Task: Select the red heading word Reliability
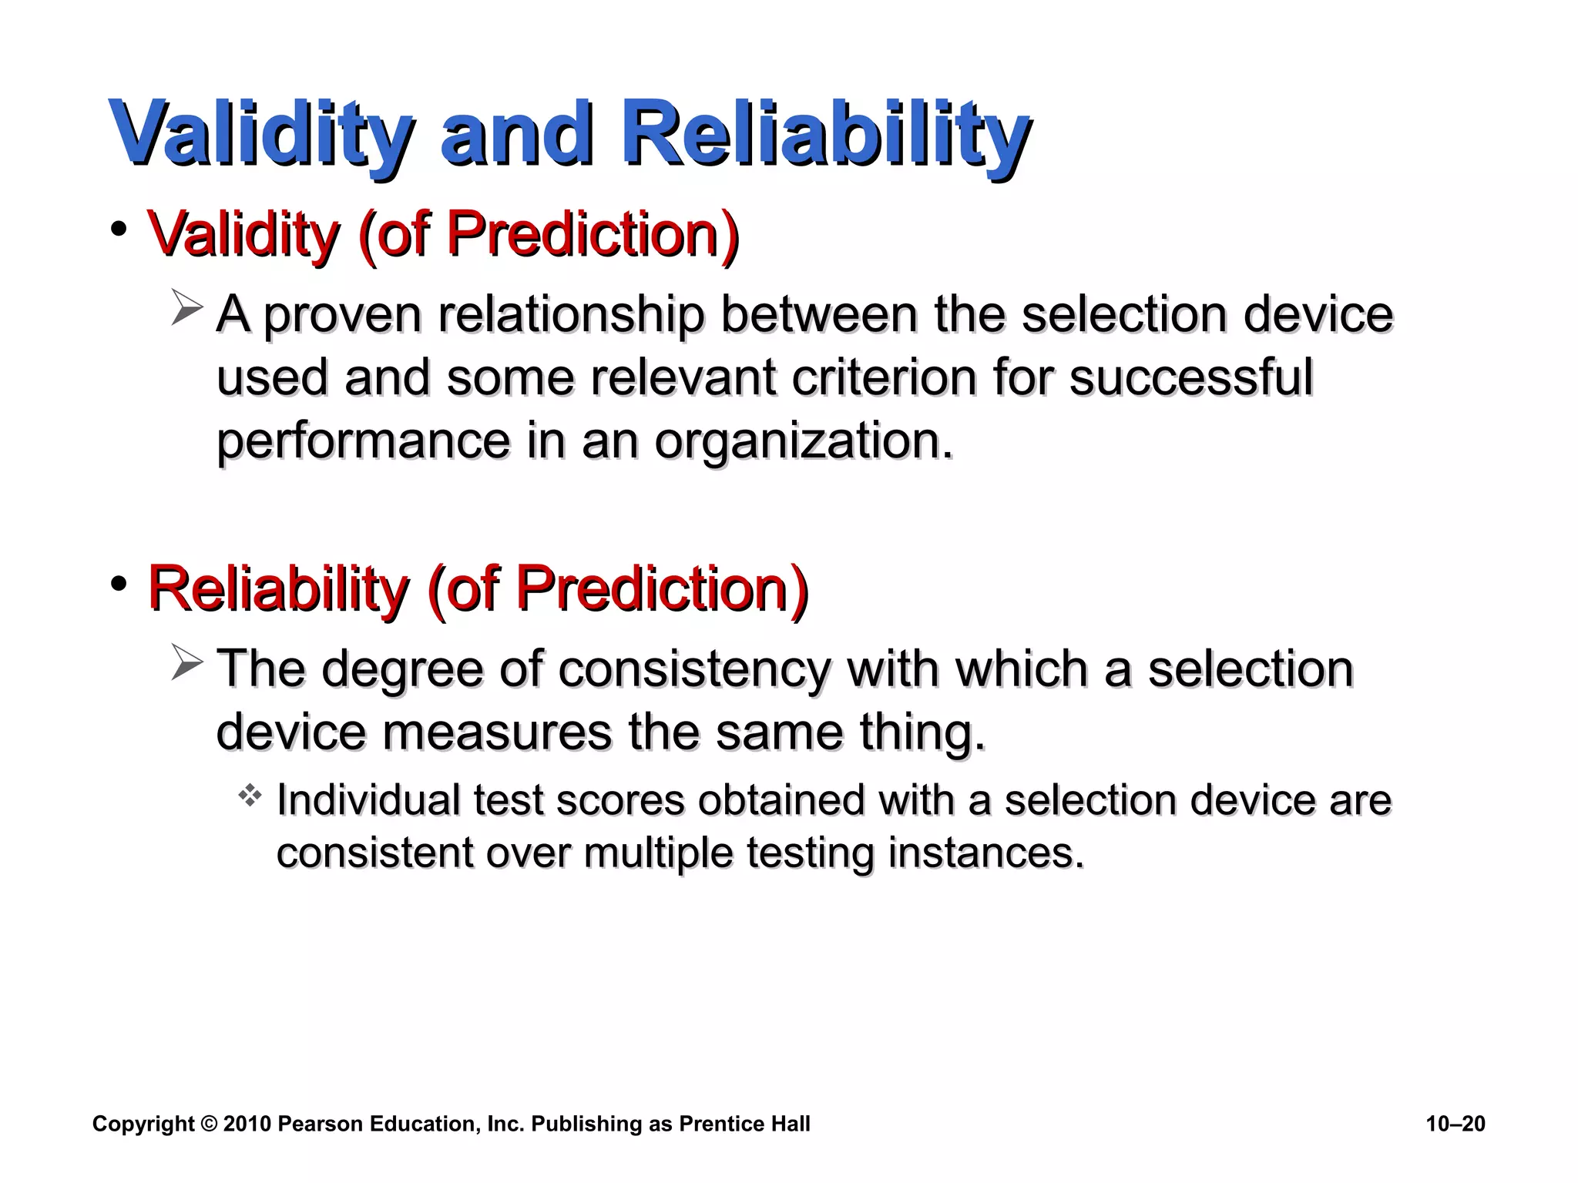tap(277, 588)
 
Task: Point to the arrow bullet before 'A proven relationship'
tap(186, 308)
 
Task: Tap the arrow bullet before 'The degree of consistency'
tap(186, 662)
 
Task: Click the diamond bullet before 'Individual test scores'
tap(250, 796)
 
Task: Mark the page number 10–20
tap(1455, 1124)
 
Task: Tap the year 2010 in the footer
tap(247, 1124)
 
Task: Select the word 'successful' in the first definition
tap(1190, 378)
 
